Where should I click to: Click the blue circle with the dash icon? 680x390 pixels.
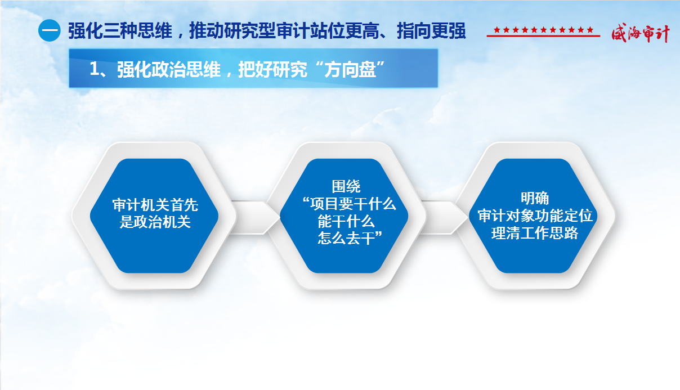click(49, 30)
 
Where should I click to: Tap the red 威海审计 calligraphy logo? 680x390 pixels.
click(640, 33)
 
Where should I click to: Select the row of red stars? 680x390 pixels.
click(543, 30)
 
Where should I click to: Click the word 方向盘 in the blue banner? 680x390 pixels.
click(350, 69)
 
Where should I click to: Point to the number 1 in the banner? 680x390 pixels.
click(95, 69)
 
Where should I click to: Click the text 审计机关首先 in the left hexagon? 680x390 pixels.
click(155, 205)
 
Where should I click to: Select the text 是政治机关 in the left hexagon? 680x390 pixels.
click(155, 222)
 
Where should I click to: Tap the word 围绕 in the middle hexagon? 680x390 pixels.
click(346, 186)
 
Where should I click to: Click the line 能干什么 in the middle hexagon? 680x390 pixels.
click(346, 221)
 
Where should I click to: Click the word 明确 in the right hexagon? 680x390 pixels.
click(535, 198)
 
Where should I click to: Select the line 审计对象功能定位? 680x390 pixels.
click(535, 216)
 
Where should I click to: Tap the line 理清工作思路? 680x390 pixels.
click(535, 233)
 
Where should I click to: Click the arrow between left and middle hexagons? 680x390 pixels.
click(255, 217)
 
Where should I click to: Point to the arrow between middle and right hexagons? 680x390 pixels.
click(444, 217)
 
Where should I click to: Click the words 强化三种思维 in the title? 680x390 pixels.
click(120, 30)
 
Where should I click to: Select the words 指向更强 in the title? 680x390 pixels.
click(431, 30)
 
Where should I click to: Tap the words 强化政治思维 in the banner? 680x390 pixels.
click(169, 69)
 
